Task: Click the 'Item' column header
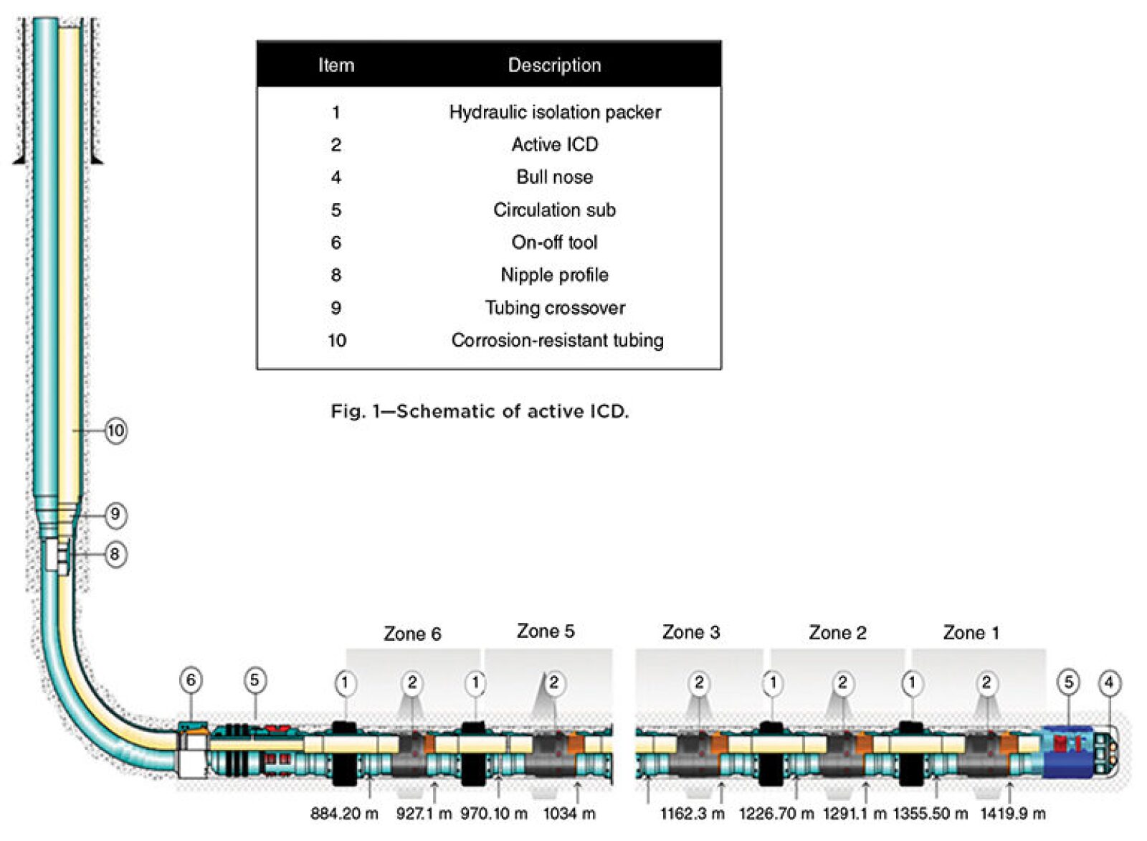(336, 65)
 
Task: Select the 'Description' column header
(554, 65)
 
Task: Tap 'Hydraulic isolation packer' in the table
(554, 112)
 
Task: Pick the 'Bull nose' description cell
(554, 177)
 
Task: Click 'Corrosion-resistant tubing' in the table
(557, 340)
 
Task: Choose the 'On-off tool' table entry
(554, 243)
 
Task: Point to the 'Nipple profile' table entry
(554, 275)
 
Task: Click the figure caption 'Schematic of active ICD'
(479, 411)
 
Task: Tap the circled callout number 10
(115, 431)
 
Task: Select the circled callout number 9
(115, 515)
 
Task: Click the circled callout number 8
(115, 554)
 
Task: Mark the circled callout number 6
(191, 680)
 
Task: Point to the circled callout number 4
(1109, 682)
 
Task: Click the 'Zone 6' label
(412, 634)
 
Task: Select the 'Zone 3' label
(690, 632)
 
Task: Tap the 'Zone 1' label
(971, 633)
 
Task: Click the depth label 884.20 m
(344, 814)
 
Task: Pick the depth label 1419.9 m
(1012, 814)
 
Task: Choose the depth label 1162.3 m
(692, 814)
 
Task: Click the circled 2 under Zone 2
(842, 682)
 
